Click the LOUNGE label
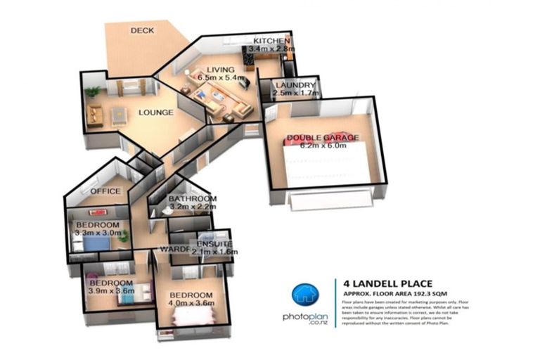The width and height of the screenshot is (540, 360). point(155,112)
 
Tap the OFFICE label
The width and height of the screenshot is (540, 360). point(106,191)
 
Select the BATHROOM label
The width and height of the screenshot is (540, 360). point(192,200)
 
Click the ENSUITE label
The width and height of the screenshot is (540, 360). point(212,243)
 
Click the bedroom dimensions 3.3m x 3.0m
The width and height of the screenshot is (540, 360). point(97,233)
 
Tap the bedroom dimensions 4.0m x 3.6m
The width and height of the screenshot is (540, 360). point(191,303)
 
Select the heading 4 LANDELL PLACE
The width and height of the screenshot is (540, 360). point(384,277)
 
